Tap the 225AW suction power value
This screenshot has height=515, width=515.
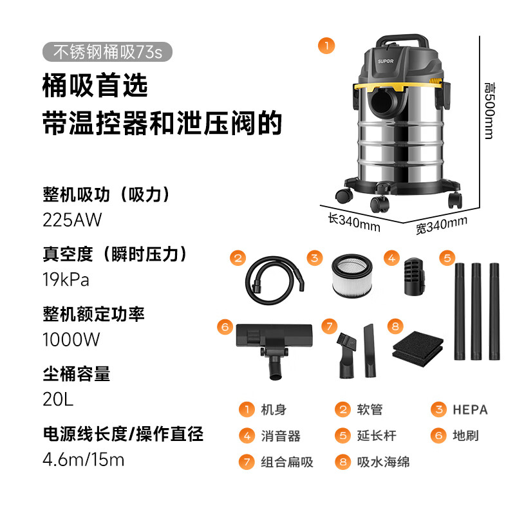pos(72,220)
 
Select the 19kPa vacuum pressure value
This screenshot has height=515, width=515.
pos(66,280)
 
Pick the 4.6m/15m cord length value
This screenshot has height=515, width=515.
pos(83,460)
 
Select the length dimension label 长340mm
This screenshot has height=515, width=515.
pos(353,221)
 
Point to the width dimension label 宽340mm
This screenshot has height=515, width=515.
pos(441,225)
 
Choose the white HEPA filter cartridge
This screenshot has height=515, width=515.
pos(352,277)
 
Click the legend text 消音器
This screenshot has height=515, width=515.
pos(281,436)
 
